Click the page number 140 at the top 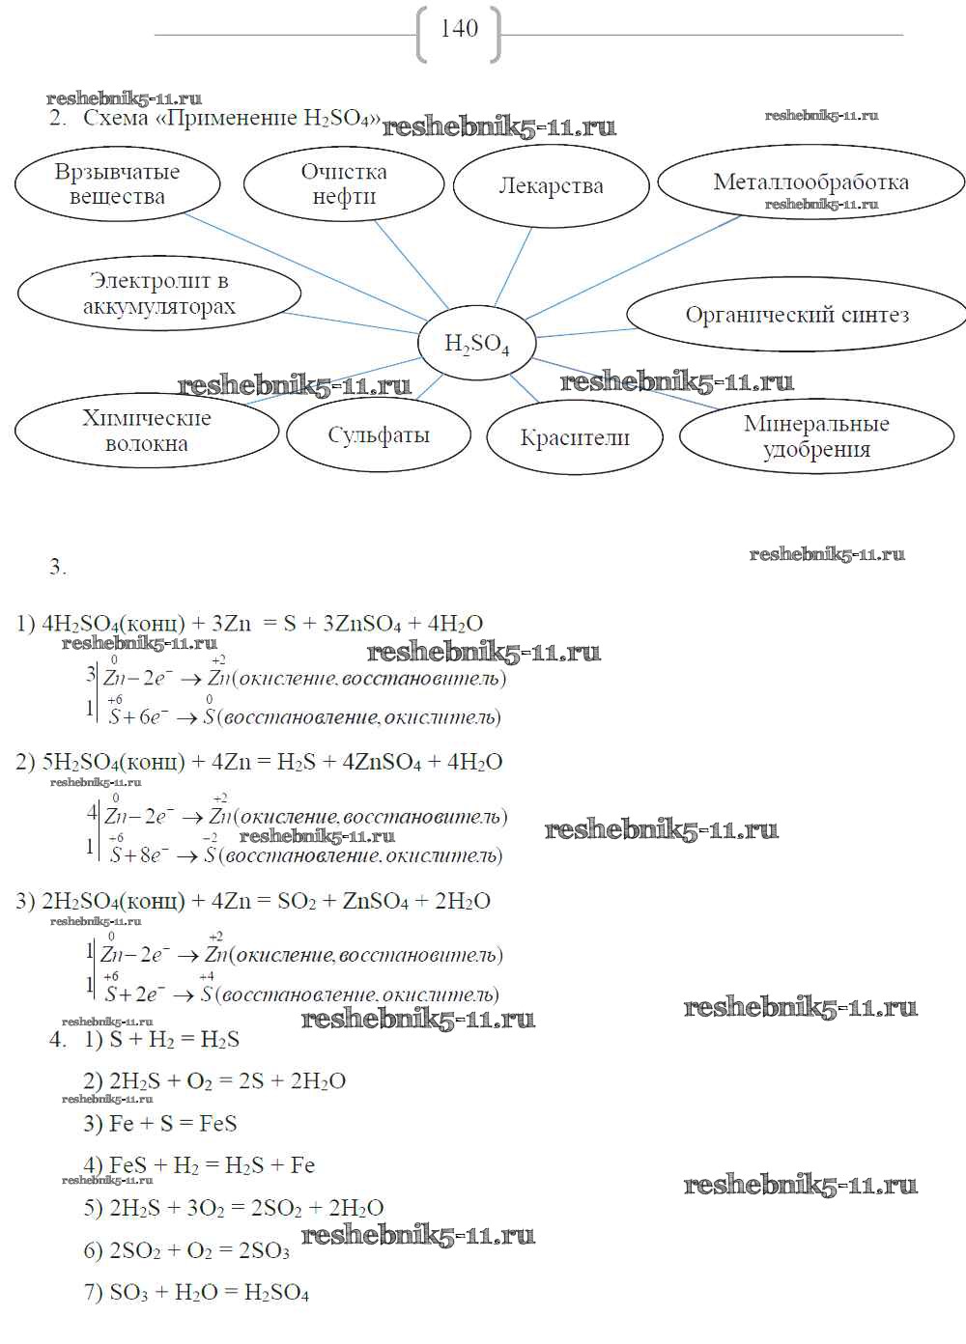tap(459, 29)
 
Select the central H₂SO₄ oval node tap(476, 344)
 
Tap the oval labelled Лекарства tap(551, 186)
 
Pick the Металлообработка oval tap(810, 182)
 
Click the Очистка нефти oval tap(344, 183)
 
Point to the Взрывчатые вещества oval tap(118, 183)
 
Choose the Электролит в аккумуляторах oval tap(159, 294)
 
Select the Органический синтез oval tap(797, 315)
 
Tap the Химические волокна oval tap(146, 431)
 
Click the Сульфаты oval tap(378, 435)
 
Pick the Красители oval tap(575, 437)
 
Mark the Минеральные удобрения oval tap(816, 436)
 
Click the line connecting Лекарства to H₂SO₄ tap(513, 266)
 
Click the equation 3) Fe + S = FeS tap(160, 1124)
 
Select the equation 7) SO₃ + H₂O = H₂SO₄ tap(196, 1293)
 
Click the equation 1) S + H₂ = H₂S tap(162, 1040)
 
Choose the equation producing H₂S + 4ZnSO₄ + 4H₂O tap(259, 762)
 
